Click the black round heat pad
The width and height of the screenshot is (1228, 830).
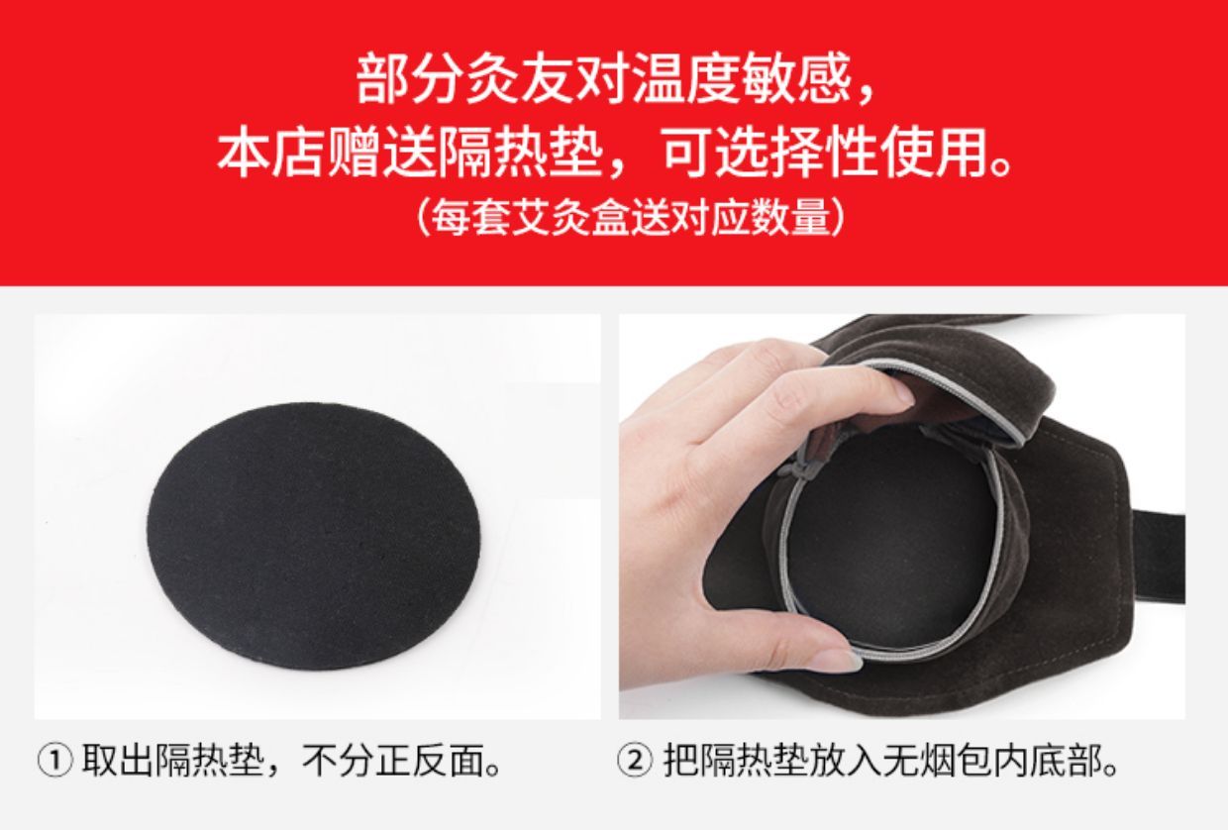(x=314, y=536)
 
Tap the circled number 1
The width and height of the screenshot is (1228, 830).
(x=54, y=761)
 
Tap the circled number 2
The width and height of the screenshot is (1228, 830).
(x=635, y=761)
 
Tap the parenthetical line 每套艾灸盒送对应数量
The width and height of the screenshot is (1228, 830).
(x=631, y=218)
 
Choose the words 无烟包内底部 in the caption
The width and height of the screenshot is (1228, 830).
(x=991, y=761)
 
